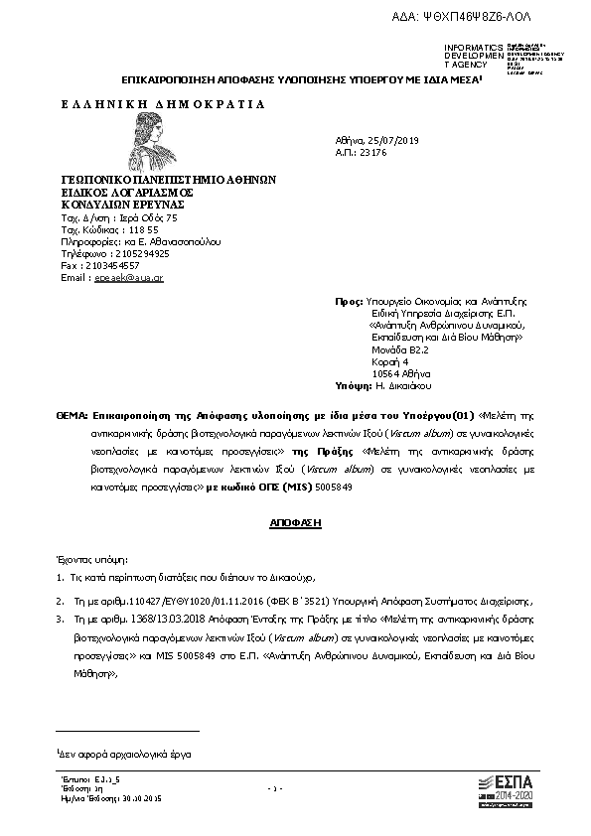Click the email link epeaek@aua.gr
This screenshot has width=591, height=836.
pyautogui.click(x=128, y=278)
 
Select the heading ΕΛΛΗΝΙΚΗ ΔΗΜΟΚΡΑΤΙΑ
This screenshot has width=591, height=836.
pyautogui.click(x=164, y=103)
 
